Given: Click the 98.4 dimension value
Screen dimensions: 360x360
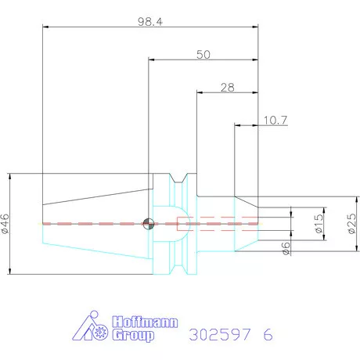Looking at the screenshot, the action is pyautogui.click(x=150, y=22).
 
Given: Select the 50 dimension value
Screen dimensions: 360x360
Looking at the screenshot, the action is pyautogui.click(x=203, y=55).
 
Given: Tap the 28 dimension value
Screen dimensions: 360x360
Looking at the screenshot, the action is pyautogui.click(x=228, y=88).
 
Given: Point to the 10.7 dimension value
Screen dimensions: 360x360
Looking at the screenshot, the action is pyautogui.click(x=275, y=121).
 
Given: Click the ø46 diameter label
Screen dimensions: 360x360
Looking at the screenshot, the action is pyautogui.click(x=5, y=224).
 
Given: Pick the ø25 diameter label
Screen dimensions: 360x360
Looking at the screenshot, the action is pyautogui.click(x=351, y=224).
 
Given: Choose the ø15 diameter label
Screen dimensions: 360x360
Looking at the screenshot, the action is pyautogui.click(x=319, y=224).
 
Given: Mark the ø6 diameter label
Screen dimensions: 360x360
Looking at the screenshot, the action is pyautogui.click(x=286, y=248).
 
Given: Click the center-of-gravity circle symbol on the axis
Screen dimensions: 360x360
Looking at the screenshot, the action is pyautogui.click(x=149, y=224).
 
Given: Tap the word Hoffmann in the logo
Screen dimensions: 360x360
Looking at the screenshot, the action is pyautogui.click(x=145, y=322).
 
